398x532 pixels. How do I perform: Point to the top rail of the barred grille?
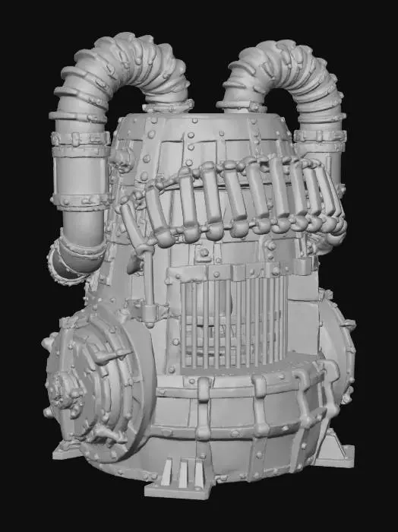(x=228, y=272)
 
